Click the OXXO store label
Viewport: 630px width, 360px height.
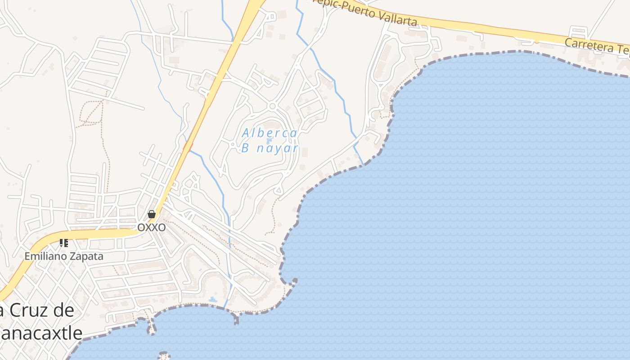point(151,227)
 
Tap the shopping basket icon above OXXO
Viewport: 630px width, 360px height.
point(152,214)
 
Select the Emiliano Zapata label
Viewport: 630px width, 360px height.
point(64,256)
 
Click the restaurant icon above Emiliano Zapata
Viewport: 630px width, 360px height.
point(64,243)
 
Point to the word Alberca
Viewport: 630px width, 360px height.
point(270,133)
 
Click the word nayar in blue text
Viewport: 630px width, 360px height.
point(277,148)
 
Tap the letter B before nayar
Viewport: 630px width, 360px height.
point(245,148)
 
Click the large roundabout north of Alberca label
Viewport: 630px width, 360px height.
point(272,106)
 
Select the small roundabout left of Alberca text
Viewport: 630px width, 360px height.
point(233,144)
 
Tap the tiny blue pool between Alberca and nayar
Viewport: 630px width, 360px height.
point(269,141)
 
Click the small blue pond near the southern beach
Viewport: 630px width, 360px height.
point(212,299)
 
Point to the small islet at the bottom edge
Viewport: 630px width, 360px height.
point(164,355)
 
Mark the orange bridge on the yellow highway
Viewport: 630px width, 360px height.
point(188,145)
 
